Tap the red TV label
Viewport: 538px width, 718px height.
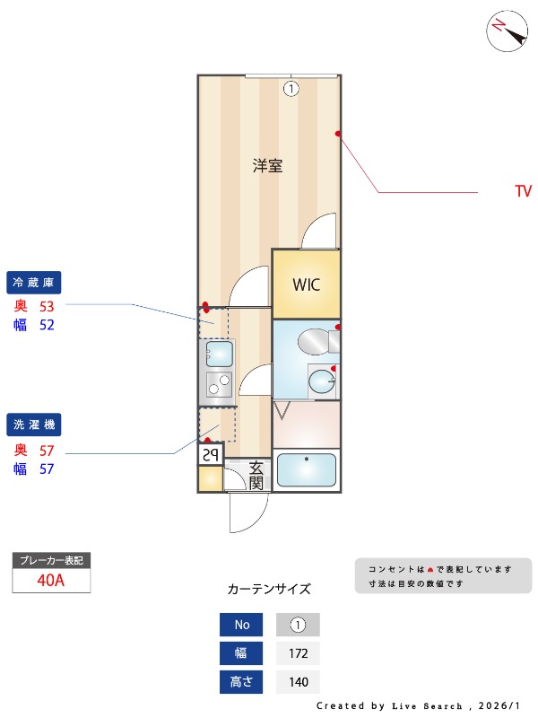524,191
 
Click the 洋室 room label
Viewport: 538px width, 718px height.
267,165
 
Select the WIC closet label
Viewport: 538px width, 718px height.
306,285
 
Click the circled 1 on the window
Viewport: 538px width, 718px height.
291,88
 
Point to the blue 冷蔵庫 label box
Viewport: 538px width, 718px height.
33,283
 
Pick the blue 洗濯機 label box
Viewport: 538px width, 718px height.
33,424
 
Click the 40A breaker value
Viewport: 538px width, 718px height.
51,580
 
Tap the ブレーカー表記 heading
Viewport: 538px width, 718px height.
51,560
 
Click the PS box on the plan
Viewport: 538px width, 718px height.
210,455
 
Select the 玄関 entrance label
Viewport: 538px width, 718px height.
256,476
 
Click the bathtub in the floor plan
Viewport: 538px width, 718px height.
306,470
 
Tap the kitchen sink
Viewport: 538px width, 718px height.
220,353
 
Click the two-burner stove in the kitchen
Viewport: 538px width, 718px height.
220,384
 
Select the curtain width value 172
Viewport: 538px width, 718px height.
298,653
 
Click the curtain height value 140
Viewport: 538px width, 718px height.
298,682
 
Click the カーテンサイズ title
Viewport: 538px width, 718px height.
269,590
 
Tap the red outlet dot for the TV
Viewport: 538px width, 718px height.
338,134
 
